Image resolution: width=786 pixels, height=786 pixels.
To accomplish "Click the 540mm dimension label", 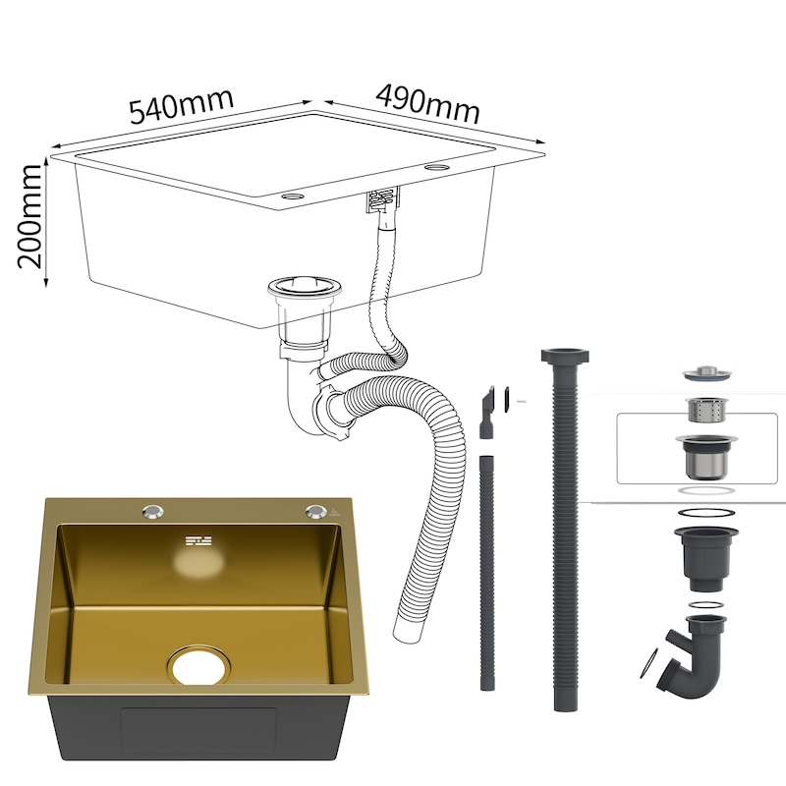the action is tap(182, 106).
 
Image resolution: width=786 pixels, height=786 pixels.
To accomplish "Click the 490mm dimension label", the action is tap(427, 104).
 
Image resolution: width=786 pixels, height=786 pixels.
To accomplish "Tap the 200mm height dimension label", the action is tap(29, 216).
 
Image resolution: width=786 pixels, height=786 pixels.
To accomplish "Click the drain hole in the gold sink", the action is tap(199, 665).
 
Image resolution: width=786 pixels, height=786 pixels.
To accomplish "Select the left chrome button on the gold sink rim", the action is tap(152, 511).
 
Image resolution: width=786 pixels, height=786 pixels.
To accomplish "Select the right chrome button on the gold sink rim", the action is tap(315, 511).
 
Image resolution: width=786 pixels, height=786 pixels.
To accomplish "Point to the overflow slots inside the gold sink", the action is tap(199, 541).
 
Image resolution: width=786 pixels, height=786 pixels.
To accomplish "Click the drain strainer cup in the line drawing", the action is tap(304, 315).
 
